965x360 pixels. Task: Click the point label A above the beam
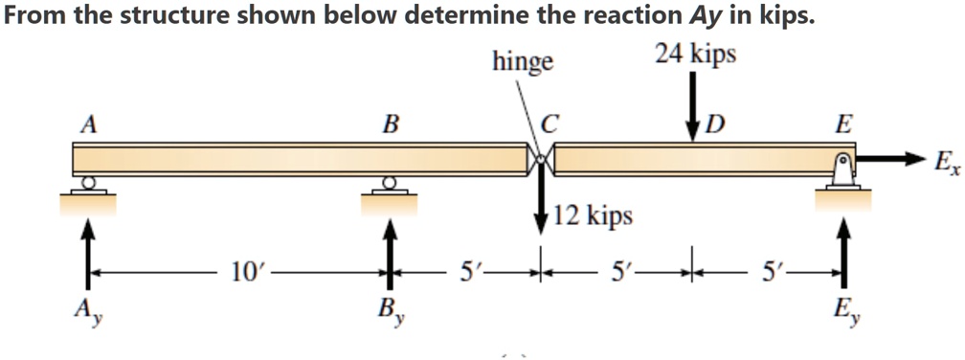coord(89,124)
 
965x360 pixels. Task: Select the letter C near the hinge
coord(549,125)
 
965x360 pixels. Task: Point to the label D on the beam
coord(716,125)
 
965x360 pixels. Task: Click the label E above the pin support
coord(842,124)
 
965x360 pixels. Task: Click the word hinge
coord(523,63)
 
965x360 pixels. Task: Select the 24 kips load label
coord(696,55)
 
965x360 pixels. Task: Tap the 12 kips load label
coord(593,215)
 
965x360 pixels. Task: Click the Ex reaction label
coord(944,162)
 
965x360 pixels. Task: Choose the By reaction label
coord(389,311)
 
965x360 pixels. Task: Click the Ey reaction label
coord(842,311)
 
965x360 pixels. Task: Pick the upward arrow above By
coord(389,249)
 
